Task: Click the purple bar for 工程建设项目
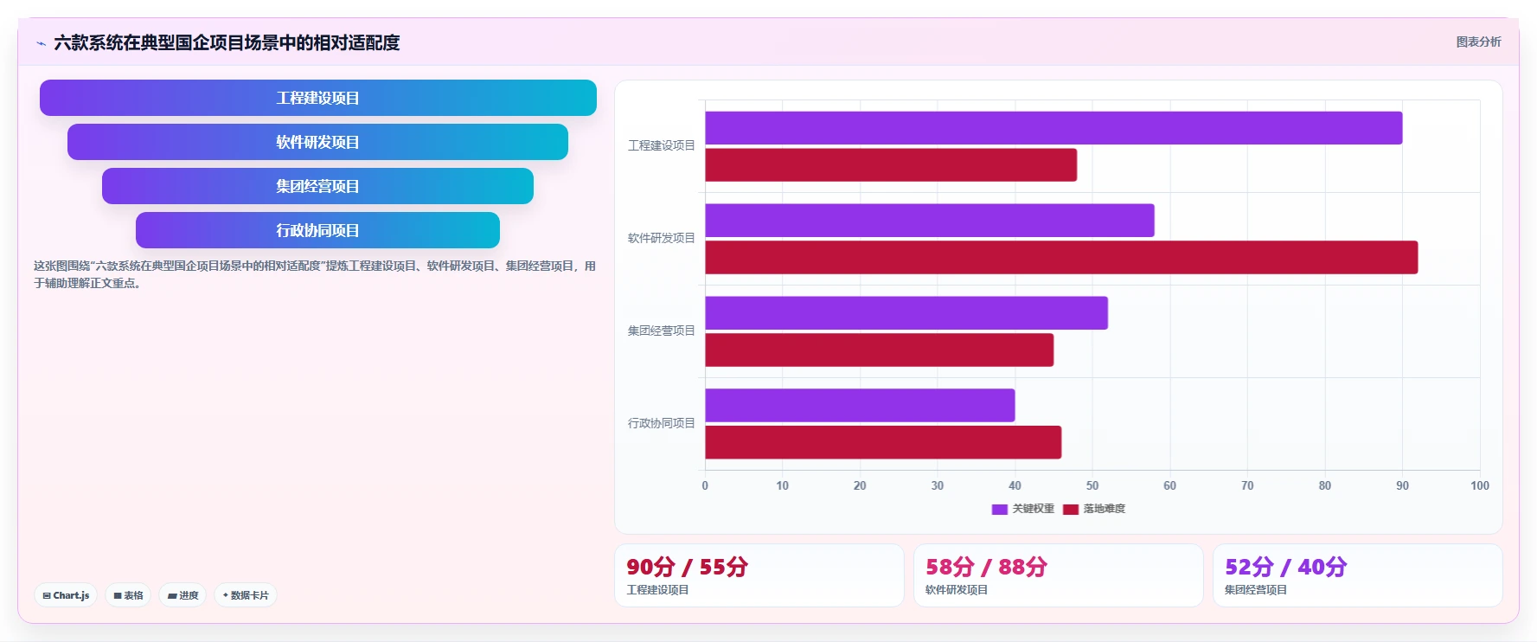click(x=1053, y=128)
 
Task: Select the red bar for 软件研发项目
click(x=1061, y=258)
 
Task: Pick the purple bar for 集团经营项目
click(x=906, y=313)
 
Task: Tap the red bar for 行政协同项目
click(x=883, y=442)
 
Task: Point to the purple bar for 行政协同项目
click(x=860, y=405)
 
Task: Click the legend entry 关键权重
click(x=1023, y=509)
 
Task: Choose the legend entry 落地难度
click(x=1094, y=509)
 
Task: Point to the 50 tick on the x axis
click(x=1092, y=485)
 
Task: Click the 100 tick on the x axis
click(x=1480, y=485)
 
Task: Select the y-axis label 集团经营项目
click(x=662, y=331)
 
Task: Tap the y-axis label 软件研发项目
click(x=662, y=238)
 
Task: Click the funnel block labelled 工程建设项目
click(x=318, y=98)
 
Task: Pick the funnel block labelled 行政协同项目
click(x=318, y=230)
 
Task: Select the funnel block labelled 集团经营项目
click(x=318, y=186)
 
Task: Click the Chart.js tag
click(x=66, y=595)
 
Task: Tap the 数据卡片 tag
click(x=246, y=595)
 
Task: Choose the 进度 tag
click(x=183, y=595)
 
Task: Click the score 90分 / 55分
click(x=688, y=567)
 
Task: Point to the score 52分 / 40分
click(x=1286, y=567)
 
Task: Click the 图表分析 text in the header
click(x=1479, y=42)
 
